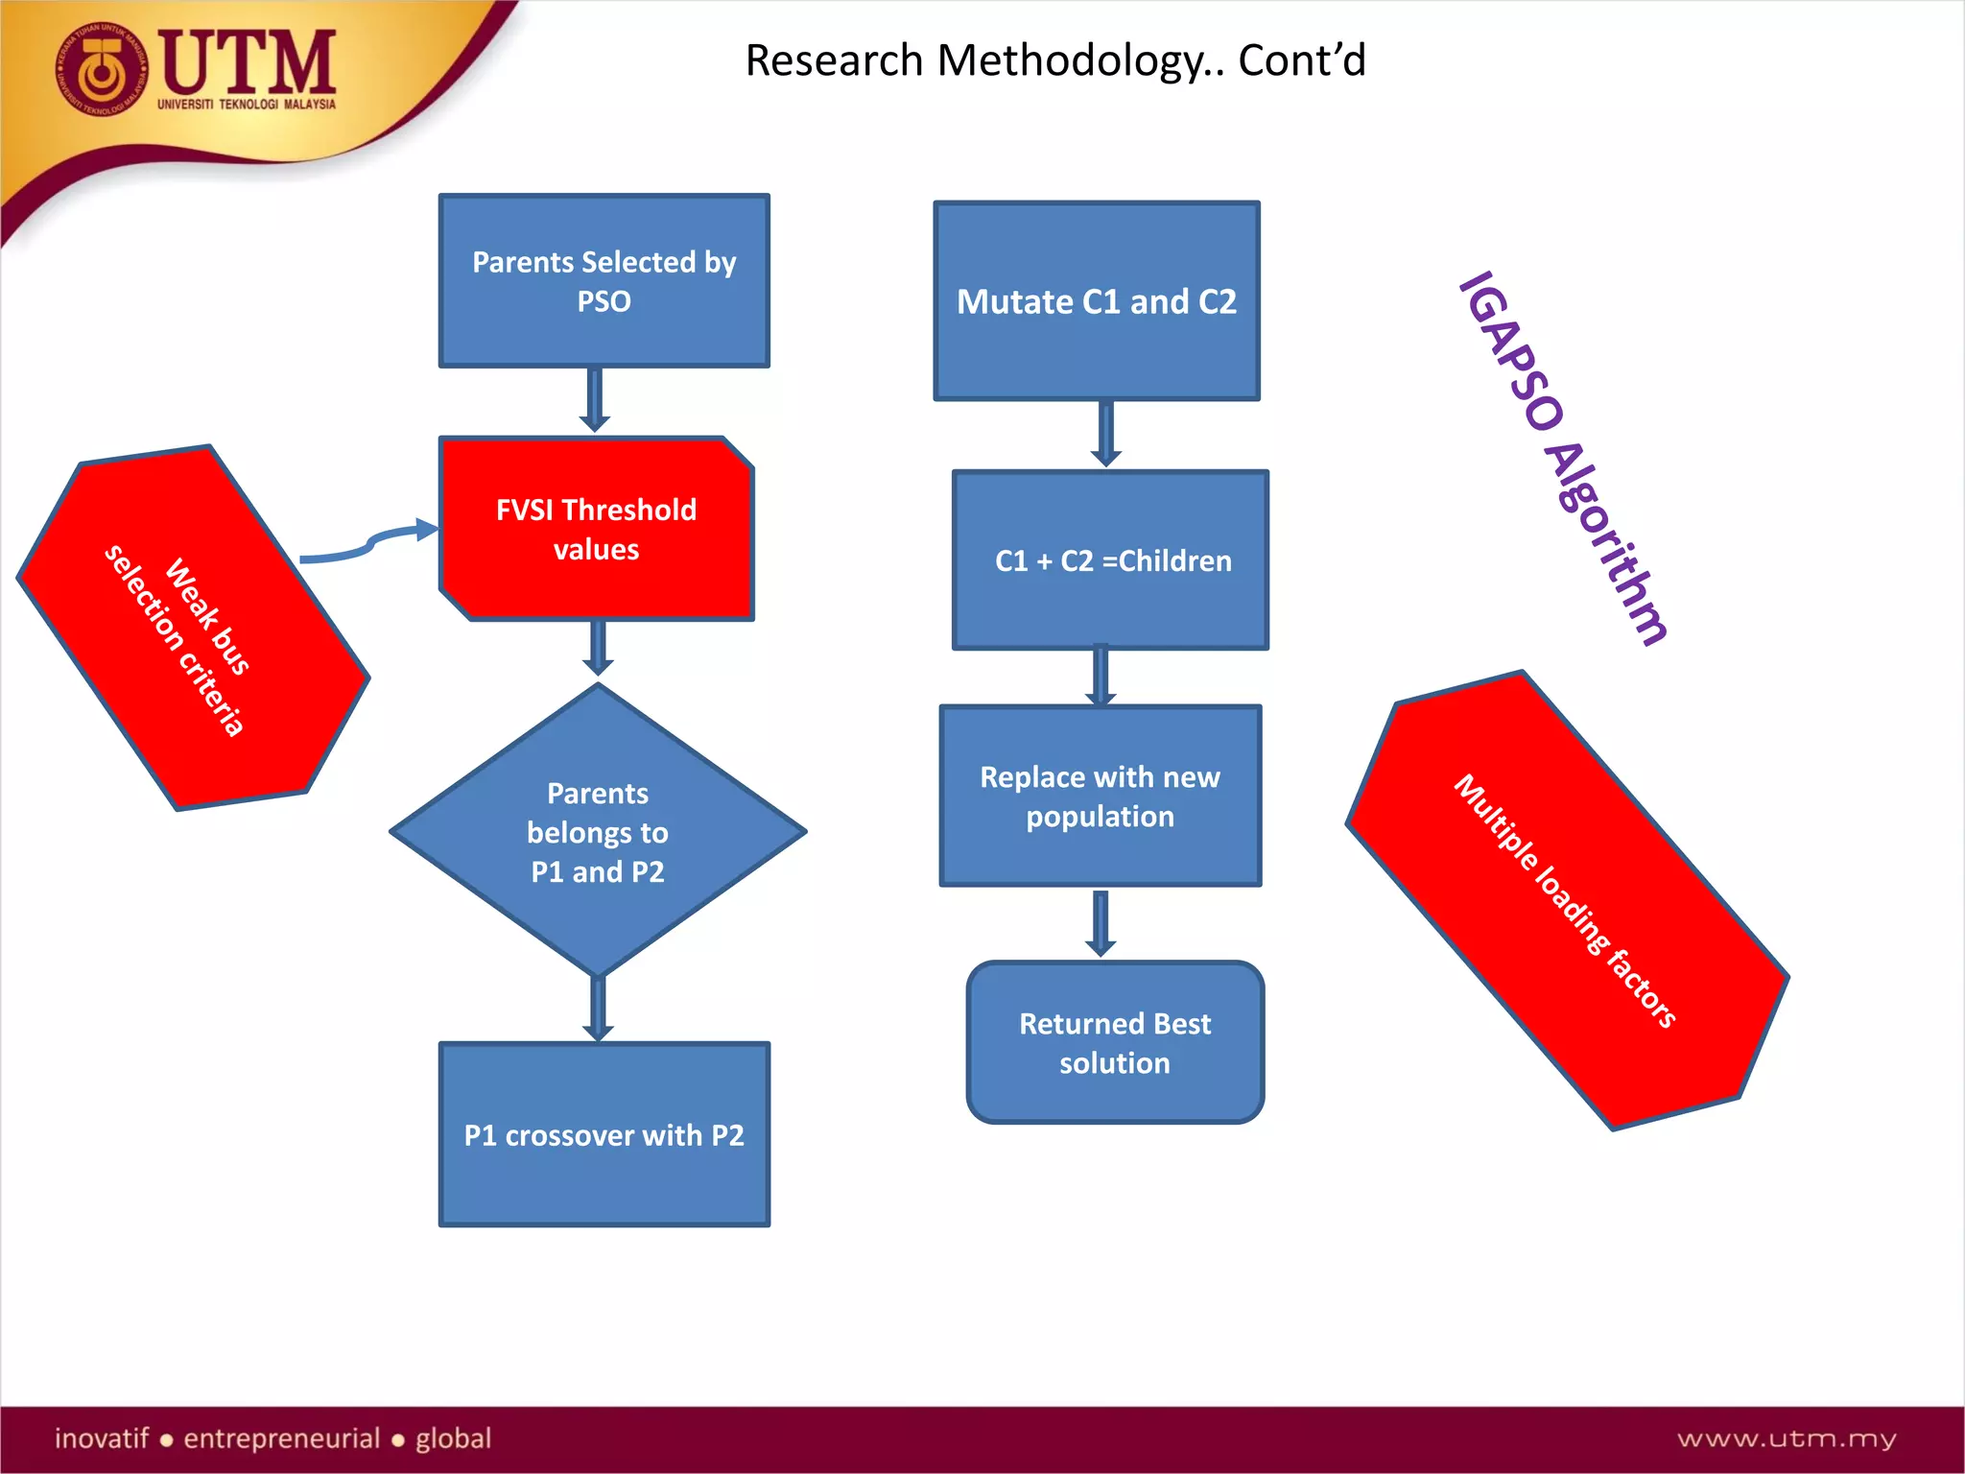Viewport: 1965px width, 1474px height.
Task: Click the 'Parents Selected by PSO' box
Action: pos(604,280)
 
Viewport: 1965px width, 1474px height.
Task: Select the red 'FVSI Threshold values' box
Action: pos(596,529)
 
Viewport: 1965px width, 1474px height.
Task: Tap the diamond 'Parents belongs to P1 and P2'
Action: pos(598,831)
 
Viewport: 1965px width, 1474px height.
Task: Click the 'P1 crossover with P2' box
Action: pos(604,1134)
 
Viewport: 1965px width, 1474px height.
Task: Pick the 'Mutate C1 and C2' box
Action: pos(1096,301)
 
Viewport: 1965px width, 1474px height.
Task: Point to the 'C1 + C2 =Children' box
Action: pos(1111,560)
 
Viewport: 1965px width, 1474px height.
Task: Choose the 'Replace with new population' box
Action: pos(1100,796)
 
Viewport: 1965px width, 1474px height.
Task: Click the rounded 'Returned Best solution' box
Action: pos(1115,1042)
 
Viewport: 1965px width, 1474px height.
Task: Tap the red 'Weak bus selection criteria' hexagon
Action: pos(192,629)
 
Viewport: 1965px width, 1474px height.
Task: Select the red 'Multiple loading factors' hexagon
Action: pos(1567,900)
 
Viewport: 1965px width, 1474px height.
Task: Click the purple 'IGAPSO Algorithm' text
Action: pos(1564,459)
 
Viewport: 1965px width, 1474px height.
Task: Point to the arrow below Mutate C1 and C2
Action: pos(1105,434)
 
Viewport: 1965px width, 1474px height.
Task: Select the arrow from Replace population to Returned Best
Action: pos(1101,922)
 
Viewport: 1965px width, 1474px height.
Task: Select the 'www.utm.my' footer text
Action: pos(1786,1438)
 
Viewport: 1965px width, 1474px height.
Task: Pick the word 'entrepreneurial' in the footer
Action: pos(282,1438)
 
